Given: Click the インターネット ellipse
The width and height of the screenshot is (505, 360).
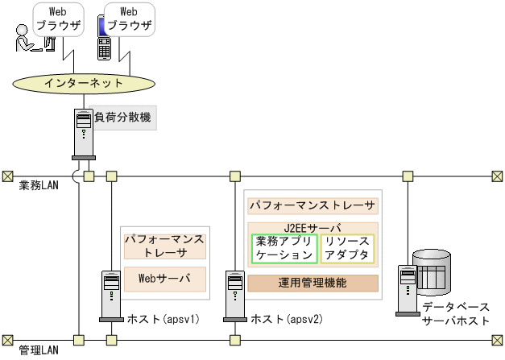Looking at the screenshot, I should [84, 82].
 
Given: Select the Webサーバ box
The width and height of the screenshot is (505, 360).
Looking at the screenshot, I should [164, 279].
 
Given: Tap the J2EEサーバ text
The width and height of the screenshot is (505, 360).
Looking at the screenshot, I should [313, 228].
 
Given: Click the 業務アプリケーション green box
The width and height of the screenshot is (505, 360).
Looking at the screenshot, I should [284, 248].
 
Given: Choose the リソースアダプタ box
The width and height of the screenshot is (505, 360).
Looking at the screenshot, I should [348, 248].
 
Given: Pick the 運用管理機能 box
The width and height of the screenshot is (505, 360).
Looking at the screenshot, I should [313, 283].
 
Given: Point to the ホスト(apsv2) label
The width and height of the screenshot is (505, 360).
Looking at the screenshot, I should [287, 318].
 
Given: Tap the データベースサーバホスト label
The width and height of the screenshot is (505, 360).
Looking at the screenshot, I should [455, 315].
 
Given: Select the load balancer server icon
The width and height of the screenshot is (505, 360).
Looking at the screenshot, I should [83, 132].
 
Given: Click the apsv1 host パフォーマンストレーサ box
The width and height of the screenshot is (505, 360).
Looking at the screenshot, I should [164, 246].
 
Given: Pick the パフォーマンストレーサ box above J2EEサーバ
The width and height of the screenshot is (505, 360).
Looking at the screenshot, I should [313, 205].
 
